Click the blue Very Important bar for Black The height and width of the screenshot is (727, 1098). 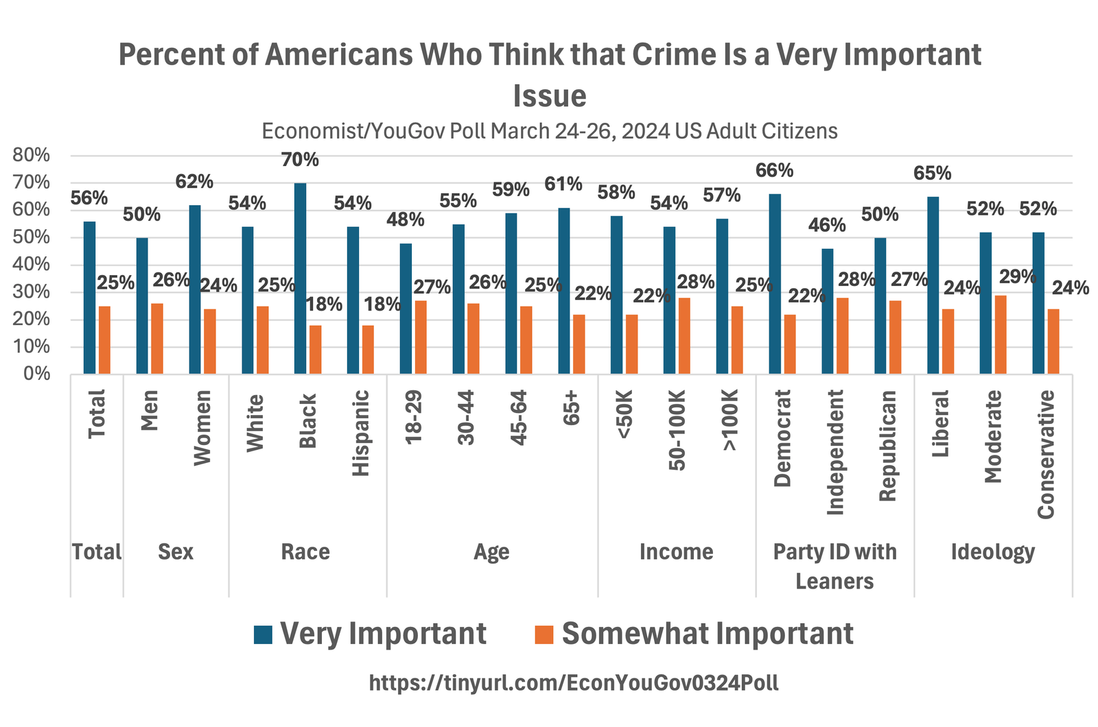300,278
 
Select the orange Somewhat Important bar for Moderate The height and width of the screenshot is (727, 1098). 1001,335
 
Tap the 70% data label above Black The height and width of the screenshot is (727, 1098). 300,160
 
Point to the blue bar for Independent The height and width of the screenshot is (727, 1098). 828,311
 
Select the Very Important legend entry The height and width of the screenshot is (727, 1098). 371,634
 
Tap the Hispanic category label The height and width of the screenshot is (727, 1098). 360,433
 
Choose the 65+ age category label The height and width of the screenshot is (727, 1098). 571,410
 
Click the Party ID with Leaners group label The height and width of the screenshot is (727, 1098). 834,567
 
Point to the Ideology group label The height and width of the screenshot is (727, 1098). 992,552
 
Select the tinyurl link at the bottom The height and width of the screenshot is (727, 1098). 574,683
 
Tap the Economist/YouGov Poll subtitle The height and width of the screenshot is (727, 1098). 549,131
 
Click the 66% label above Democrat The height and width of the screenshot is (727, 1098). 774,171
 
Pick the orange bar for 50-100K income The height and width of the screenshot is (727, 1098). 684,336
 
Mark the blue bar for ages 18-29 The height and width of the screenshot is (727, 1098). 406,309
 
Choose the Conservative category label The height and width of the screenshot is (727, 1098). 1045,454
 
